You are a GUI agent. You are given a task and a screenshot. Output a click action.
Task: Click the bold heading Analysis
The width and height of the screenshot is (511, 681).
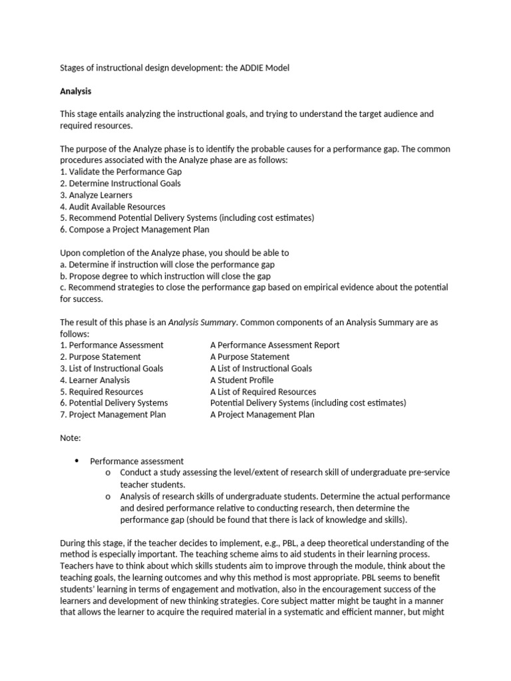click(76, 91)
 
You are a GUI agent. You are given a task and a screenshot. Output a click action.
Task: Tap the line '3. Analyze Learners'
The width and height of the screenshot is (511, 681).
click(96, 195)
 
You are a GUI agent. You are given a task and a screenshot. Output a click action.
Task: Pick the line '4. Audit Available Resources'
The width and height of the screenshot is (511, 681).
click(112, 206)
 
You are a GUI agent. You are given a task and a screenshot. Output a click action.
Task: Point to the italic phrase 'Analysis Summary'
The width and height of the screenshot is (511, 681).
click(202, 322)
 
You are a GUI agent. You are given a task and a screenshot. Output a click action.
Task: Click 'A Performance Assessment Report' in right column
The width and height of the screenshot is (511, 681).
click(275, 345)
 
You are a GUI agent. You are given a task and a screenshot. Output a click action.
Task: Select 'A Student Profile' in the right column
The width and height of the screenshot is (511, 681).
click(242, 380)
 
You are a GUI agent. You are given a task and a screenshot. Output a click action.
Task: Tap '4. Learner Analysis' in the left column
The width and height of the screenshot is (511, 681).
click(95, 380)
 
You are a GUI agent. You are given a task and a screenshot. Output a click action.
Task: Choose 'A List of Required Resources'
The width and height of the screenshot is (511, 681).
click(263, 392)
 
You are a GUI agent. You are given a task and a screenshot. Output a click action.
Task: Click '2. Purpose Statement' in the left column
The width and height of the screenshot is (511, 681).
click(100, 356)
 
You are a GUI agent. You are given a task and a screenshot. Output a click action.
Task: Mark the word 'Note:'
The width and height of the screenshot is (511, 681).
click(71, 438)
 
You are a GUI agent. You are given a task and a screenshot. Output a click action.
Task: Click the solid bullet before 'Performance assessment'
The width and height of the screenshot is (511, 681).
click(77, 460)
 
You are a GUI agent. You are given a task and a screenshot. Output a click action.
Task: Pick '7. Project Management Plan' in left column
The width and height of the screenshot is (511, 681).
click(113, 414)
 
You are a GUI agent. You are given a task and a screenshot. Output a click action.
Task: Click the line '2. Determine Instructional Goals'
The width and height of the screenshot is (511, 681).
click(120, 183)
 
